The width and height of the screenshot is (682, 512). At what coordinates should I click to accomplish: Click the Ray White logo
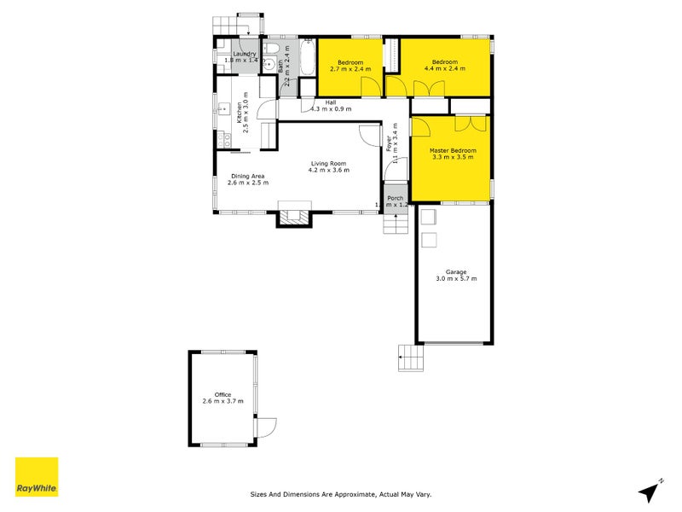pyautogui.click(x=37, y=477)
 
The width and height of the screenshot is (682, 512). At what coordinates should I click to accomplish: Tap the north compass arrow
pyautogui.click(x=652, y=490)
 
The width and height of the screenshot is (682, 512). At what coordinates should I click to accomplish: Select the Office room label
pyautogui.click(x=223, y=394)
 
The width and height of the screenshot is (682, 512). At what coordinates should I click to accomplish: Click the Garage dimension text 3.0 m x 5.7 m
pyautogui.click(x=456, y=279)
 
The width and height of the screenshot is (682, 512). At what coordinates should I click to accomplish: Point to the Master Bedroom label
pyautogui.click(x=453, y=151)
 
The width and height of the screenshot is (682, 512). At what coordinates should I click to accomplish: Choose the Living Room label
pyautogui.click(x=329, y=163)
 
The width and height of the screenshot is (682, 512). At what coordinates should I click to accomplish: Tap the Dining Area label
pyautogui.click(x=247, y=177)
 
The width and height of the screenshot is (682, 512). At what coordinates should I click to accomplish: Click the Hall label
pyautogui.click(x=330, y=103)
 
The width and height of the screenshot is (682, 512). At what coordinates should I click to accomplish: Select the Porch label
pyautogui.click(x=395, y=199)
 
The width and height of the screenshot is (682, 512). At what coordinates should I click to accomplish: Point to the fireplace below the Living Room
pyautogui.click(x=294, y=218)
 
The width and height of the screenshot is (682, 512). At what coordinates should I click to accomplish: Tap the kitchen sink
pyautogui.click(x=226, y=108)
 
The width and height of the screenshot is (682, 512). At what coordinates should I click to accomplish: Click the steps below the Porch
pyautogui.click(x=395, y=224)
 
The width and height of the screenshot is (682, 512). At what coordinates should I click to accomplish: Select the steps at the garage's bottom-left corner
pyautogui.click(x=411, y=358)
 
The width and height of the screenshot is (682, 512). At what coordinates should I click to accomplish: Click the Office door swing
pyautogui.click(x=265, y=424)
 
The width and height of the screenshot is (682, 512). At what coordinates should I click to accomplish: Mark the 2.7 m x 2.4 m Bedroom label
pyautogui.click(x=350, y=62)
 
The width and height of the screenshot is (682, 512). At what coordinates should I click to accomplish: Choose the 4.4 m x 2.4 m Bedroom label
pyautogui.click(x=444, y=62)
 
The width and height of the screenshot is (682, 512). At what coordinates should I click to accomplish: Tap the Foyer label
pyautogui.click(x=390, y=145)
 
